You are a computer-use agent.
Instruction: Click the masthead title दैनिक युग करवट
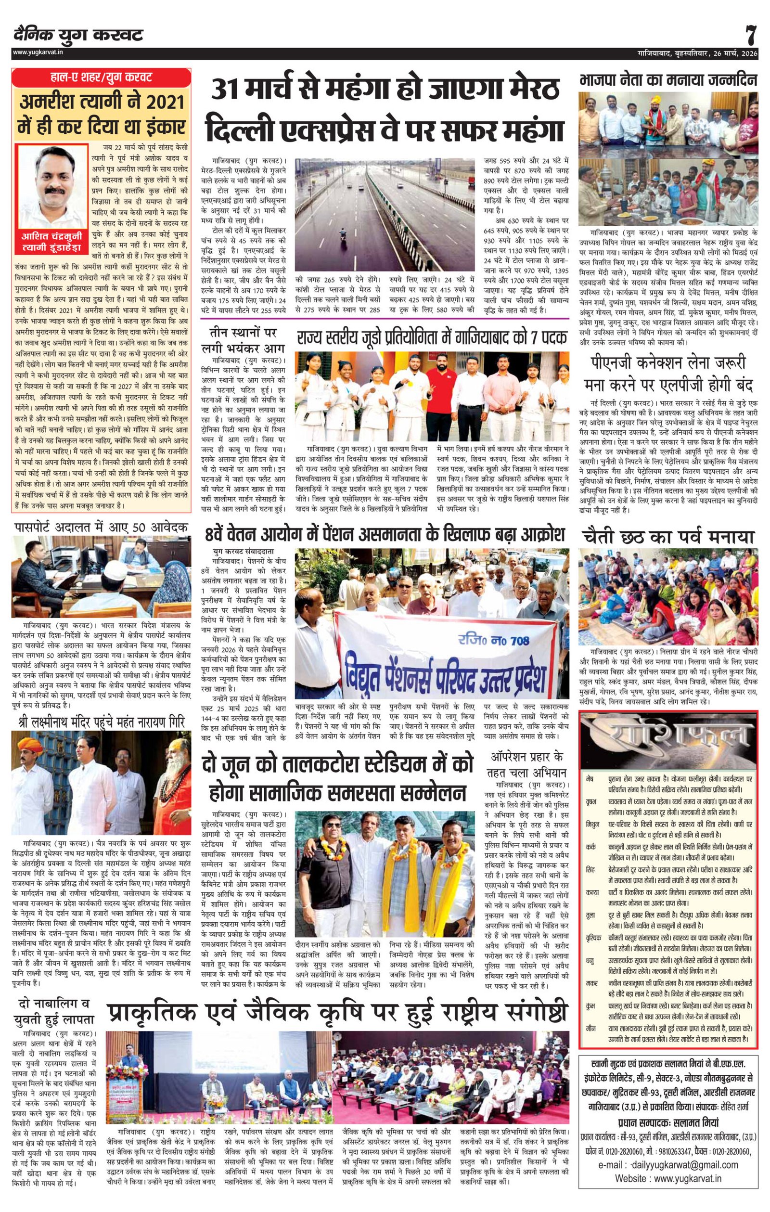[x=78, y=35]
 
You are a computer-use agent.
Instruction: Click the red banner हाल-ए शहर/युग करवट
[x=101, y=78]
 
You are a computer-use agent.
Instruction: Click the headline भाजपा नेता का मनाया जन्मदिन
[x=668, y=80]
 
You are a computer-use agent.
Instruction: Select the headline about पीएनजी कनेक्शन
[x=668, y=374]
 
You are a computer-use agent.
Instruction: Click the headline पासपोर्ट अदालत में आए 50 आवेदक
[x=101, y=528]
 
